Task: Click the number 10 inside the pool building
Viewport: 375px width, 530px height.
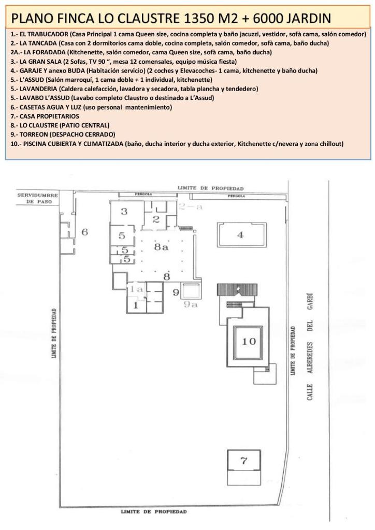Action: click(249, 342)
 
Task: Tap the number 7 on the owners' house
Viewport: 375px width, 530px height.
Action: click(243, 460)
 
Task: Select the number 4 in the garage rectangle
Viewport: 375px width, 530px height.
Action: click(240, 234)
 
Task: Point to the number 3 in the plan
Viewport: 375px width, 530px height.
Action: click(124, 212)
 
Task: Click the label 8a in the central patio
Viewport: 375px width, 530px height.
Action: click(161, 247)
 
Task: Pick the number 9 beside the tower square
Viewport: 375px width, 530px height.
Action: click(176, 292)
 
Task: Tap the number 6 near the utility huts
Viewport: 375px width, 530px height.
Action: click(84, 232)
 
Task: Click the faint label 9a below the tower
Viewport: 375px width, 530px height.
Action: click(191, 304)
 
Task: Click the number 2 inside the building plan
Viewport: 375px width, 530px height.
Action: click(156, 219)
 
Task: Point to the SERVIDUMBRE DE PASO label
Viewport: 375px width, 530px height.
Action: click(38, 198)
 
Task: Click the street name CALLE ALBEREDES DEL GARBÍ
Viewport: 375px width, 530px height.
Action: click(310, 346)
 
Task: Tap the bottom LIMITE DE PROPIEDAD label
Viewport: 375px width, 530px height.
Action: click(154, 512)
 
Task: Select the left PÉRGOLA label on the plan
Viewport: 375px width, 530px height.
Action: click(143, 195)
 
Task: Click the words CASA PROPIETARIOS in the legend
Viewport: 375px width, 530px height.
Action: click(49, 116)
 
